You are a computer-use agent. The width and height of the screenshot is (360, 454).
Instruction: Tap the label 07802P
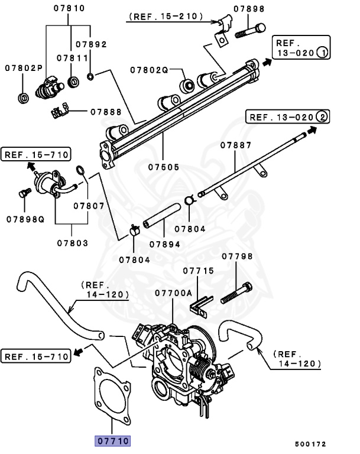24,68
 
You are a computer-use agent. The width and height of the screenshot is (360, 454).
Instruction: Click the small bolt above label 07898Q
24,193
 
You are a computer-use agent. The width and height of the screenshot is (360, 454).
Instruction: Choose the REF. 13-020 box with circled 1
300,47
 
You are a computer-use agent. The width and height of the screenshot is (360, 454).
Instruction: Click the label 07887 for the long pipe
236,145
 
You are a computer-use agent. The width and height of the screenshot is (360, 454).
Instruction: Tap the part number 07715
198,271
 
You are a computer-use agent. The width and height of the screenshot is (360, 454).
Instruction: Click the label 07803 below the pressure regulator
73,243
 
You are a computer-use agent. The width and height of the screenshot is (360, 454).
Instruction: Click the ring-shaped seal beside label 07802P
23,97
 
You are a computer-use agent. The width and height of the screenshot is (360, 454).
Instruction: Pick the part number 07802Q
150,70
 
